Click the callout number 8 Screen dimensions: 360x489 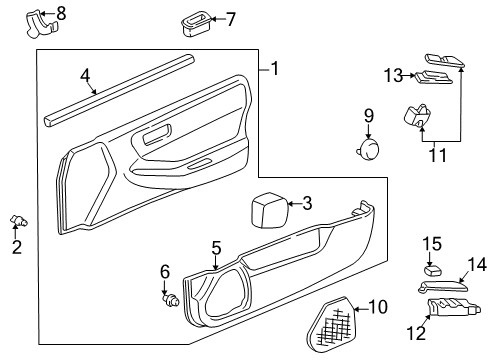61,13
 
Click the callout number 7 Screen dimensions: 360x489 231,18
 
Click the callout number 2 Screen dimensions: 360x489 17,246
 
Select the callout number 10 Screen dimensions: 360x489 377,307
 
